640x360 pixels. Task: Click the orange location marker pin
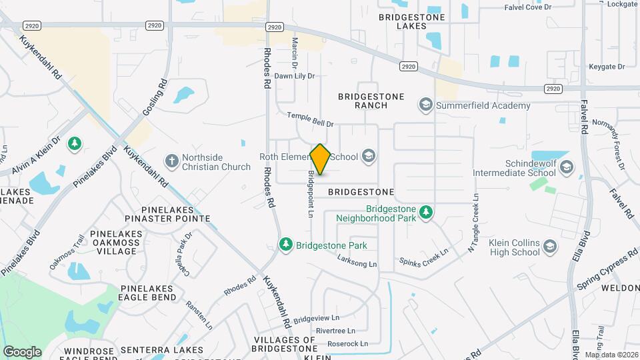321,159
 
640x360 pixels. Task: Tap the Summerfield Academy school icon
425,105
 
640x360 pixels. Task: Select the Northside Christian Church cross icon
172,161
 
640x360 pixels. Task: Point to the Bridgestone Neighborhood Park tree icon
426,213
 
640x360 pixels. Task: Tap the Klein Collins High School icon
550,248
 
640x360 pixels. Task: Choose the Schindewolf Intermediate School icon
567,167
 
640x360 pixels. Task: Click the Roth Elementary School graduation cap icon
367,157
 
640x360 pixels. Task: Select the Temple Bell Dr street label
310,119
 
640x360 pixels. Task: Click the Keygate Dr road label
607,67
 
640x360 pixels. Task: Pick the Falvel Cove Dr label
529,7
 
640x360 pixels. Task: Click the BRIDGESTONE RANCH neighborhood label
371,101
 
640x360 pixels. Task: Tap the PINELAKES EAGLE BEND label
148,293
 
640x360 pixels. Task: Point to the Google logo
22,351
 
